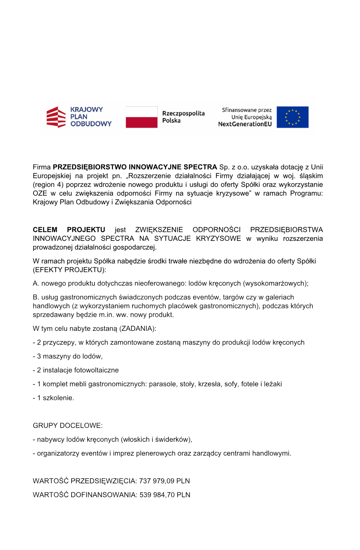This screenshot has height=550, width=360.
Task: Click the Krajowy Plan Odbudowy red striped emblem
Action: tap(56, 117)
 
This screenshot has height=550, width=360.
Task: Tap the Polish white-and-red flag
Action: tap(141, 117)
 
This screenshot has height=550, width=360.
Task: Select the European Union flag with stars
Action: tap(292, 117)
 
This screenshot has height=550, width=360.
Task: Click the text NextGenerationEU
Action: tap(245, 124)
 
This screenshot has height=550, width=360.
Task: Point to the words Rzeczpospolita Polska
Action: tap(183, 117)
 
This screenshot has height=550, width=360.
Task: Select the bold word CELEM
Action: tap(45, 230)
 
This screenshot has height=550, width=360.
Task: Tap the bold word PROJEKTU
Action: tap(86, 230)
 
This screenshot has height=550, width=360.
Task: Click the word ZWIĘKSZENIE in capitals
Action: tap(159, 230)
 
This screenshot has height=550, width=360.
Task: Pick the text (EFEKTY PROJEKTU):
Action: tap(69, 270)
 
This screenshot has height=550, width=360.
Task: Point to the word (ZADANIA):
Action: tap(138, 329)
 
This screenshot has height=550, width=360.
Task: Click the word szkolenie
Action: tap(58, 398)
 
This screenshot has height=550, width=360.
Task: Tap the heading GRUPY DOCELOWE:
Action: tap(67, 426)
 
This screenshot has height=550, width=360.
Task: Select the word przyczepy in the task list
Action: tap(59, 343)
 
